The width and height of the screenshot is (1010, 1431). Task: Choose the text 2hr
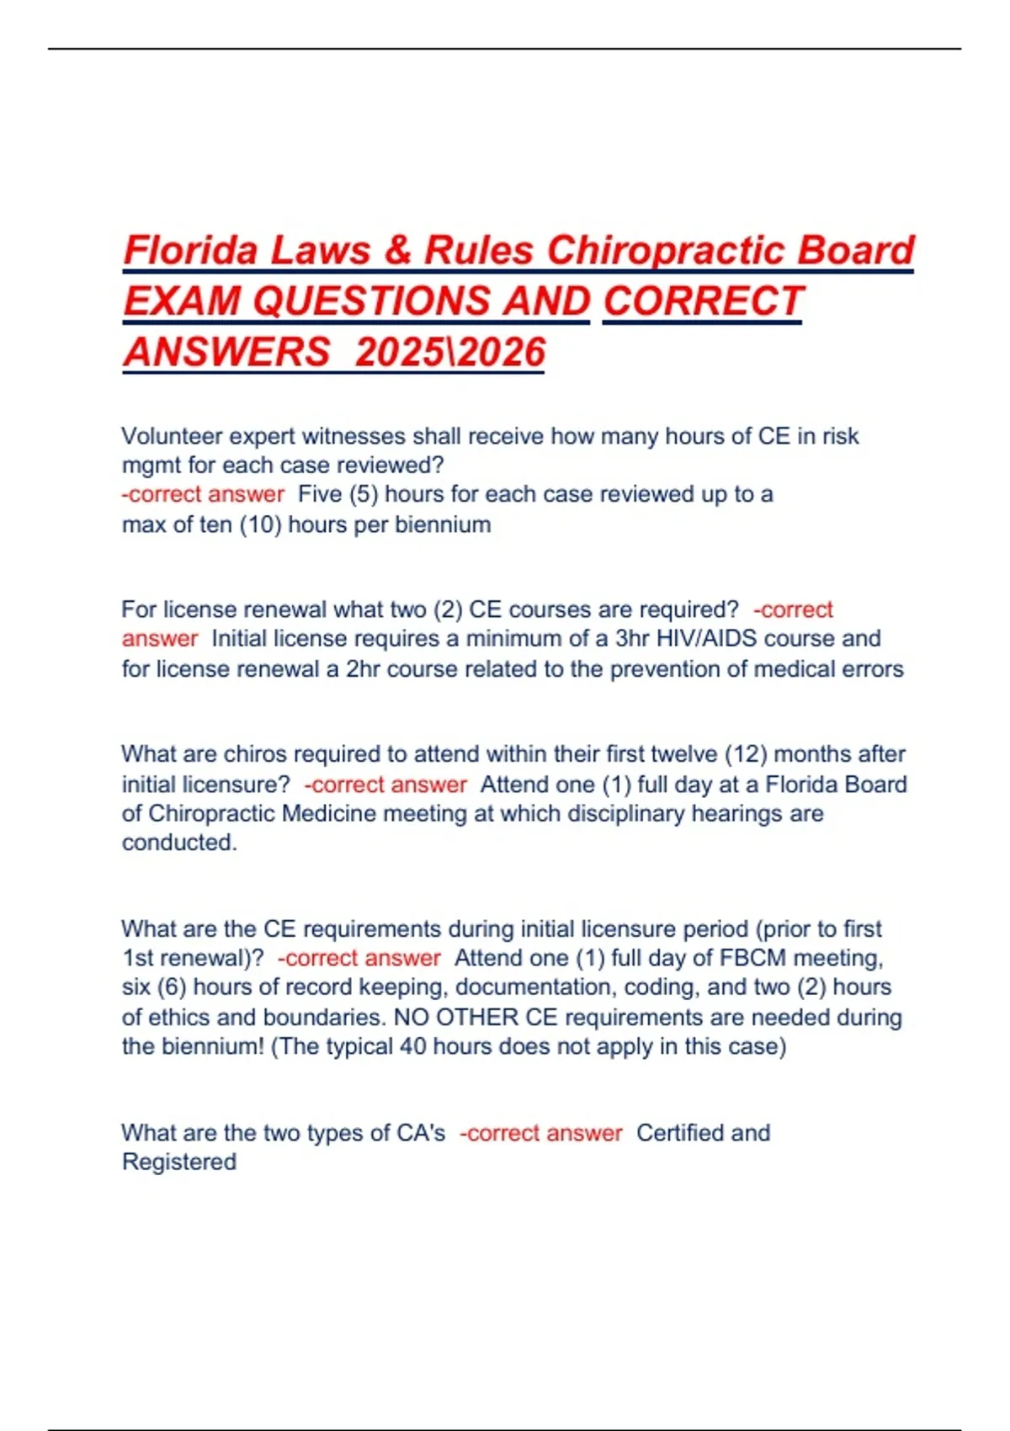coord(363,669)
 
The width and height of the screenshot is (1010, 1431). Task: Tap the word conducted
coord(178,843)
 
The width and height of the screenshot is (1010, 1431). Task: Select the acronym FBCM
coord(753,958)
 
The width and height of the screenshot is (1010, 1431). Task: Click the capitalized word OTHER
coord(477,1017)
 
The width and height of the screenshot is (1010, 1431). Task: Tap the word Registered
coord(179,1162)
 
